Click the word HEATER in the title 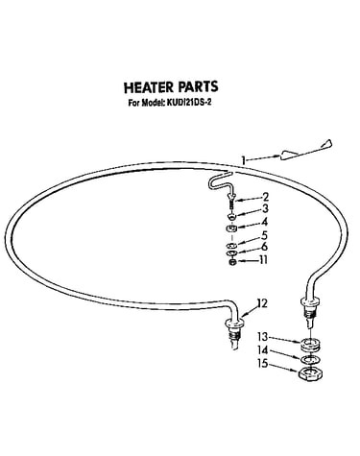pyautogui.click(x=149, y=87)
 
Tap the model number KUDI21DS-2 pyautogui.click(x=188, y=103)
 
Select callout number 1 pyautogui.click(x=244, y=160)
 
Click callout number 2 pyautogui.click(x=265, y=197)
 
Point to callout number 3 pyautogui.click(x=265, y=209)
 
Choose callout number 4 pyautogui.click(x=265, y=222)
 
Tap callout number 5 pyautogui.click(x=264, y=235)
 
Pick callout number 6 pyautogui.click(x=264, y=247)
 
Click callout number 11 pyautogui.click(x=263, y=260)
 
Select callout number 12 pyautogui.click(x=262, y=302)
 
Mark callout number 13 pyautogui.click(x=262, y=337)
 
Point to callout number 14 pyautogui.click(x=263, y=350)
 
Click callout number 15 pyautogui.click(x=263, y=364)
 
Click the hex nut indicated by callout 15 pyautogui.click(x=310, y=373)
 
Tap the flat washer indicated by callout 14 pyautogui.click(x=310, y=360)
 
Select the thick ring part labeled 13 pyautogui.click(x=310, y=344)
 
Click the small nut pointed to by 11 pyautogui.click(x=232, y=262)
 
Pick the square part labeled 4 pyautogui.click(x=231, y=228)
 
